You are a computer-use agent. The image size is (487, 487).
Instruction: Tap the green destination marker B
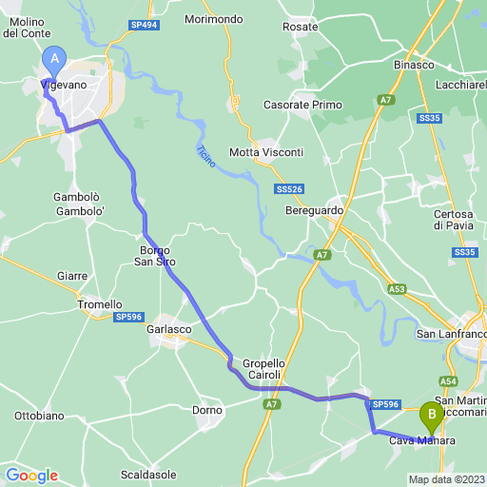coord(431,415)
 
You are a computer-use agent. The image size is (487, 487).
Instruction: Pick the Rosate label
coord(301,28)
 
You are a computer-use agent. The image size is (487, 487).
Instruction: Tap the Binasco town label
coord(414,65)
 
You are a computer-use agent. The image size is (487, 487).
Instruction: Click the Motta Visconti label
coord(266,152)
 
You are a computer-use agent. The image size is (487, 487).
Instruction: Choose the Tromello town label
coord(98,304)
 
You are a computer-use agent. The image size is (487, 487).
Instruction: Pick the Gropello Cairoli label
coord(263,369)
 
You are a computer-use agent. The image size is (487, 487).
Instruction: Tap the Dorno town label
coord(206,410)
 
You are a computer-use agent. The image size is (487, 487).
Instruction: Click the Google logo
coord(31,476)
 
